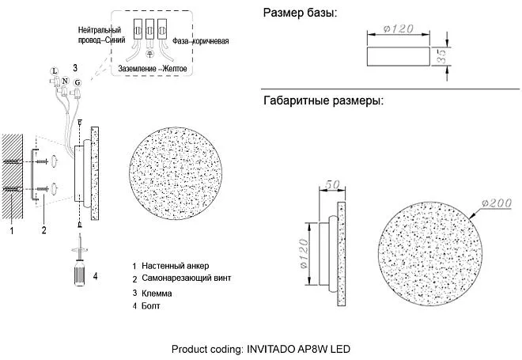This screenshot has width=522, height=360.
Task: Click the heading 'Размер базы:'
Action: tap(300, 13)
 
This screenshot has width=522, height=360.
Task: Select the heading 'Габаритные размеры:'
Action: tap(323, 100)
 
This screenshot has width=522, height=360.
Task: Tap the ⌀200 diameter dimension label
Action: tap(497, 203)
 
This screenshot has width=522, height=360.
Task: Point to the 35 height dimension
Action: tap(441, 56)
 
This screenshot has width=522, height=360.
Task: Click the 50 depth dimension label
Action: tap(332, 184)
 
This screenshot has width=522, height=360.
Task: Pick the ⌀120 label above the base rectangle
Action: tap(399, 28)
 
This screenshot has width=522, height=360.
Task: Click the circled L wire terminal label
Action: tap(55, 71)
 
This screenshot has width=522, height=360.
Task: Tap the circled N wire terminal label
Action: tap(65, 81)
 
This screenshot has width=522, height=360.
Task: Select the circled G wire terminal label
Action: tap(78, 82)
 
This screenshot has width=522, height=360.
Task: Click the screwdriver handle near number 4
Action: tap(80, 273)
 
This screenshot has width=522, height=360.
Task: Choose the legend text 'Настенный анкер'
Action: tap(175, 266)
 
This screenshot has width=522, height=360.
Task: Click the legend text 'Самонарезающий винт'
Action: tap(186, 278)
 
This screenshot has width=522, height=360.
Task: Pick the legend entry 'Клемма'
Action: tap(157, 294)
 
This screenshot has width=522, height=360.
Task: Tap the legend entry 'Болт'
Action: tap(151, 305)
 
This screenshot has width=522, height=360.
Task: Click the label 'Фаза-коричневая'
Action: tap(200, 41)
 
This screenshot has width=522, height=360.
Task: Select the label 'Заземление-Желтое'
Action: tap(153, 69)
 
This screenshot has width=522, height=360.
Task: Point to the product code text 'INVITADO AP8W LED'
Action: tap(298, 349)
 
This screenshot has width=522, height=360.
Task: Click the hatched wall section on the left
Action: tap(13, 176)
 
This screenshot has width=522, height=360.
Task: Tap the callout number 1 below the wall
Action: tap(12, 230)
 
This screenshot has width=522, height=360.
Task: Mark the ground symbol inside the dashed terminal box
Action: tap(149, 54)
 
